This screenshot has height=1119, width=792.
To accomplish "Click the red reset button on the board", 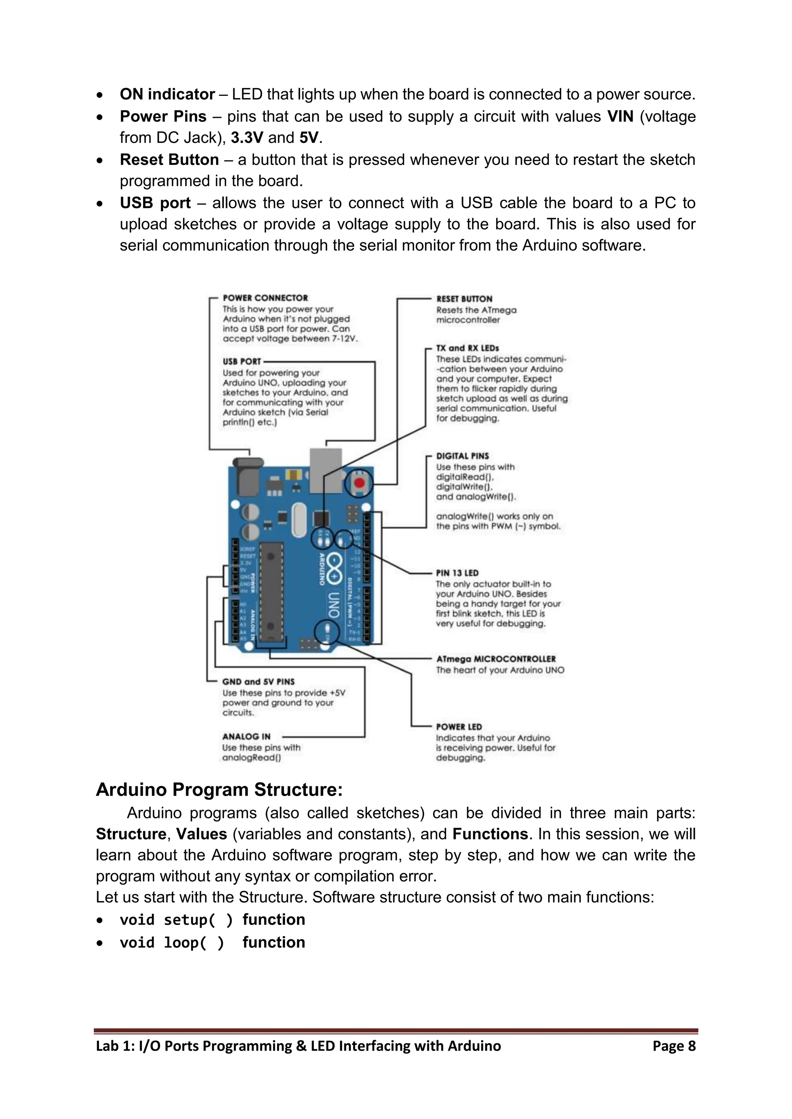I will pos(359,483).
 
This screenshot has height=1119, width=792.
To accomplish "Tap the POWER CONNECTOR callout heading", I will pos(265,298).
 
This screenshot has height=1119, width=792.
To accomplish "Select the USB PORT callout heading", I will pos(242,362).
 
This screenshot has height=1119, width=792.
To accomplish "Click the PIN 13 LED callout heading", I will pos(457,573).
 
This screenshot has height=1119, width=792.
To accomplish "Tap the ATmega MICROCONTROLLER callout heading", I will pos(495,658).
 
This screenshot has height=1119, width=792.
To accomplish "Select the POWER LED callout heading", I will pos(458,727).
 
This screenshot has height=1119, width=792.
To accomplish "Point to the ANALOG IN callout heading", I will pos(246,736).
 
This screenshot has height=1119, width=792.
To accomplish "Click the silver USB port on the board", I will pos(326,470).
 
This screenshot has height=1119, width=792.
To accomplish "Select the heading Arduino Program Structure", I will pos(219,789).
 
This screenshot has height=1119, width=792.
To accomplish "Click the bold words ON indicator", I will pos(167,94).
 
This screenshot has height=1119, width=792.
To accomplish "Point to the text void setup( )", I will pos(176,920).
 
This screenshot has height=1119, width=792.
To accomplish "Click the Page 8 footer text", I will pos(674,1046).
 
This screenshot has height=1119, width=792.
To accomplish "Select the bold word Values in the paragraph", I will pos(201,834).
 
